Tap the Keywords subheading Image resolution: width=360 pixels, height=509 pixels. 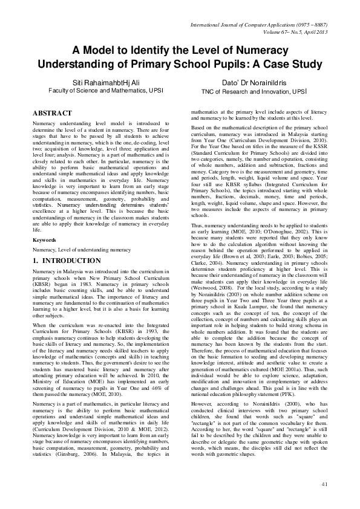coord(44,240)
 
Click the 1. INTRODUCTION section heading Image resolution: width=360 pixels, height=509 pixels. coord(67,261)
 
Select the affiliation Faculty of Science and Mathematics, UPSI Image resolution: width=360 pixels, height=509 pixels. coord(102,91)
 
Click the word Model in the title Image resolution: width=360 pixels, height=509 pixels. coord(106,51)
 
